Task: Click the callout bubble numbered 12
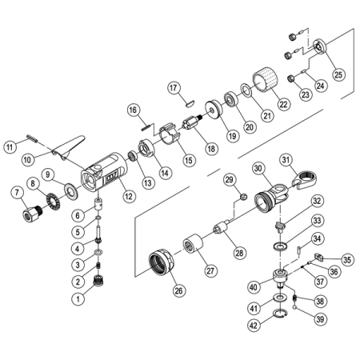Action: pos(129,196)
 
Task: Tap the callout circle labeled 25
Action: pos(338,74)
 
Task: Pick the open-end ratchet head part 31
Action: pos(304,180)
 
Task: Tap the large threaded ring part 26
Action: pos(162,262)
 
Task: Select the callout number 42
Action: pos(254,326)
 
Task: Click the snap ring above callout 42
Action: pos(280,314)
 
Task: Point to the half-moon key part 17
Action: pos(190,103)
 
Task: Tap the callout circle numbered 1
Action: pos(78,298)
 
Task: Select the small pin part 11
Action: pos(33,138)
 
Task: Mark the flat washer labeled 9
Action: pos(71,191)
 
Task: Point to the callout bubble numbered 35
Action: pos(347,259)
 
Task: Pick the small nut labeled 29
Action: pos(243,198)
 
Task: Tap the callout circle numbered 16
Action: pos(133,110)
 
